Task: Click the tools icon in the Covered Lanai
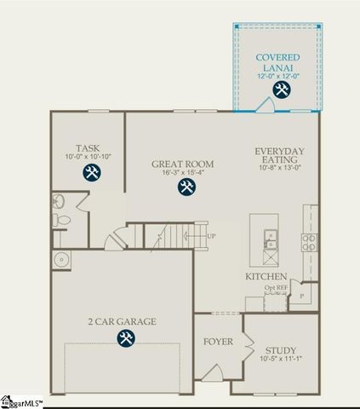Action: click(280, 89)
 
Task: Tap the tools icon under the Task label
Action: click(92, 173)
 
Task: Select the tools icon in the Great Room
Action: click(183, 187)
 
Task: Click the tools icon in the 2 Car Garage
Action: click(125, 338)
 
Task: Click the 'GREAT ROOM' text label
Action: click(182, 164)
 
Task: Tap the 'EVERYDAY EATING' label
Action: click(279, 156)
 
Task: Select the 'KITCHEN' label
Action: click(265, 278)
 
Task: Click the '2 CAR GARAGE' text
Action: click(123, 321)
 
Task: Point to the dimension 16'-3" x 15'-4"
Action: click(182, 173)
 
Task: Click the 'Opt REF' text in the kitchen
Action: click(276, 288)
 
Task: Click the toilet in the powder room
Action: click(60, 220)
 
